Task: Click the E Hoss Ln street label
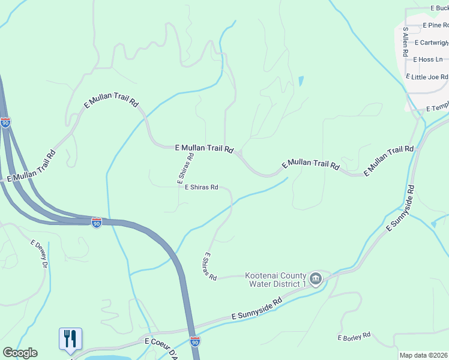(427, 59)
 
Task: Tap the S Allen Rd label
(406, 41)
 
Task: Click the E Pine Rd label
(435, 25)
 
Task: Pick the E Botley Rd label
(354, 337)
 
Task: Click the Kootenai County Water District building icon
(316, 279)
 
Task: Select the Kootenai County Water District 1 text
(276, 279)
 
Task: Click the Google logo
(20, 353)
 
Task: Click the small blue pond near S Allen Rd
(301, 81)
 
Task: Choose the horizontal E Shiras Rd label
(200, 187)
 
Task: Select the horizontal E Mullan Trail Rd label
(203, 148)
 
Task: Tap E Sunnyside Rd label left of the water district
(256, 310)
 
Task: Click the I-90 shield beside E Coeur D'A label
(194, 341)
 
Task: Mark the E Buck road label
(439, 8)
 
